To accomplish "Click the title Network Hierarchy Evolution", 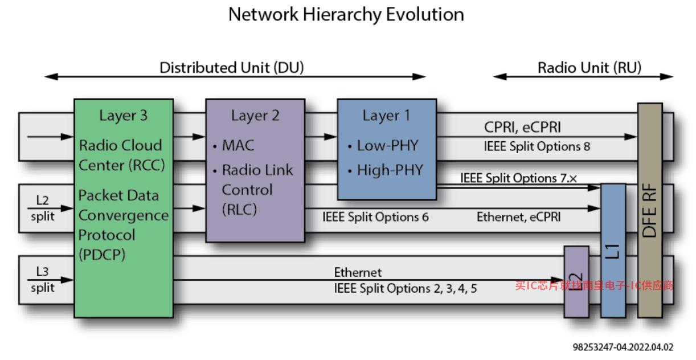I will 346,15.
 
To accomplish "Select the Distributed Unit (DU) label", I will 232,68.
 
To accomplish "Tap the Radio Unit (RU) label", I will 589,68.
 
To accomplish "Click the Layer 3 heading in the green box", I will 123,116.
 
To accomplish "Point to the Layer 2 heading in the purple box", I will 255,116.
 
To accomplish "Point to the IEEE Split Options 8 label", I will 537,146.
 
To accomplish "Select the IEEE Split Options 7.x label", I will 519,179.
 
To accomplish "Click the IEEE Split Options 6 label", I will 375,216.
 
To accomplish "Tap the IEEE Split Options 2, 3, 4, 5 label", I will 406,289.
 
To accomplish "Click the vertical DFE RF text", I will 650,211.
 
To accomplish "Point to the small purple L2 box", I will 576,282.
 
